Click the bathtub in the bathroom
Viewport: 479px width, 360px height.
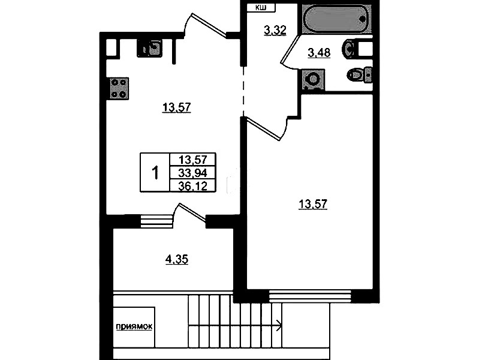336,19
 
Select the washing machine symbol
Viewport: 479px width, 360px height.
313,80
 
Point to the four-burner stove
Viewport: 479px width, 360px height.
119,88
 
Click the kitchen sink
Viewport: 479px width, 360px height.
149,49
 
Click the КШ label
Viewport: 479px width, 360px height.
261,8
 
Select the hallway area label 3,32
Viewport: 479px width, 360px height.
275,31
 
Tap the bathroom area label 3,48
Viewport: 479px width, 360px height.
319,53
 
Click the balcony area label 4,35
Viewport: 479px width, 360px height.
177,259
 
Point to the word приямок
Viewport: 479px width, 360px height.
134,327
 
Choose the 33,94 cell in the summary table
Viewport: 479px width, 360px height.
193,173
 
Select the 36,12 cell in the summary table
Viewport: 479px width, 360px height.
193,185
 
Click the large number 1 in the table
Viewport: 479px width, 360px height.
155,173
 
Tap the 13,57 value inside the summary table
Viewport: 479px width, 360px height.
193,160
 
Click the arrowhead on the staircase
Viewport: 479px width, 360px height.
279,325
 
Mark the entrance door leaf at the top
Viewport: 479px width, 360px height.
209,25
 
